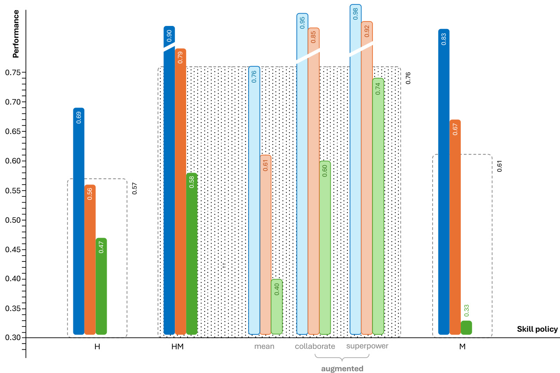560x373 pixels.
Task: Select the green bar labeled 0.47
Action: pos(101,286)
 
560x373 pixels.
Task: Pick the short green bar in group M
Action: pos(466,328)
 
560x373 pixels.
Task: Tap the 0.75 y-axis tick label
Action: pos(12,72)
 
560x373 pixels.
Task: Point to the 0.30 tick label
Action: pos(12,338)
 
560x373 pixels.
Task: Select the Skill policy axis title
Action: pos(537,329)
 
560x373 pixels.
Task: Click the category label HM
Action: pos(177,347)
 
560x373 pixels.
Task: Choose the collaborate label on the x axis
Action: pos(315,346)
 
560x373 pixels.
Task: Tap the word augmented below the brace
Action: pos(342,369)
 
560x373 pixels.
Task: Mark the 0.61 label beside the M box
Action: pos(499,167)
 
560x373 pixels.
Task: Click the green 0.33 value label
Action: pos(466,310)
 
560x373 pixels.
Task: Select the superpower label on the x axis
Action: pos(367,346)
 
